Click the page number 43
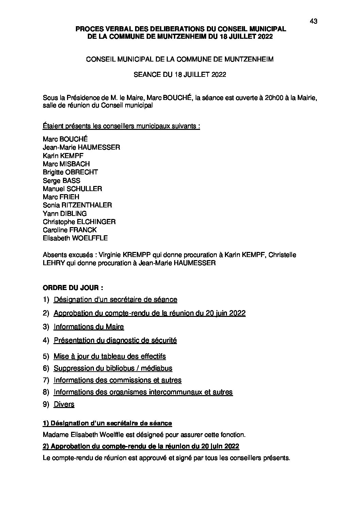tap(313, 21)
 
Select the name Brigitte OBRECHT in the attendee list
tap(70, 172)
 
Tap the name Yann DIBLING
tap(65, 214)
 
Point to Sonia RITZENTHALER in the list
tap(77, 205)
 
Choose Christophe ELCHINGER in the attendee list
tap(79, 222)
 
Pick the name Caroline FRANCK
tap(70, 230)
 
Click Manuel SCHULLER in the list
tap(72, 189)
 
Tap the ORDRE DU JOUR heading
tap(73, 287)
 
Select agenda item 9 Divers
tap(64, 404)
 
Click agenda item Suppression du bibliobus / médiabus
tap(113, 368)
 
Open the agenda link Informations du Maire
tap(89, 327)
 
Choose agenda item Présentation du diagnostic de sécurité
tap(115, 340)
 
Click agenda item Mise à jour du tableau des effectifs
tap(110, 356)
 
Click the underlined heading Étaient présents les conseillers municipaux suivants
tap(121, 126)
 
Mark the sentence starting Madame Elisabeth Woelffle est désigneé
tap(144, 435)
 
